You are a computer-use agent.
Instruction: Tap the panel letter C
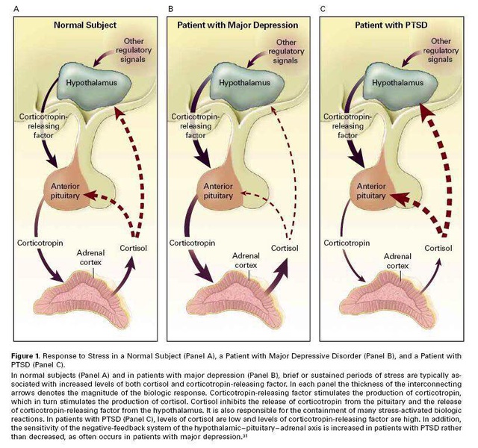point(323,9)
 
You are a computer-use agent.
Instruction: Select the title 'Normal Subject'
point(84,25)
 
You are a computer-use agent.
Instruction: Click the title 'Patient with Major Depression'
point(238,25)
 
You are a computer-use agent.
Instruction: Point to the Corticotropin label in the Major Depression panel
point(193,243)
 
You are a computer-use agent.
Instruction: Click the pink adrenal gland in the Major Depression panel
point(240,299)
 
